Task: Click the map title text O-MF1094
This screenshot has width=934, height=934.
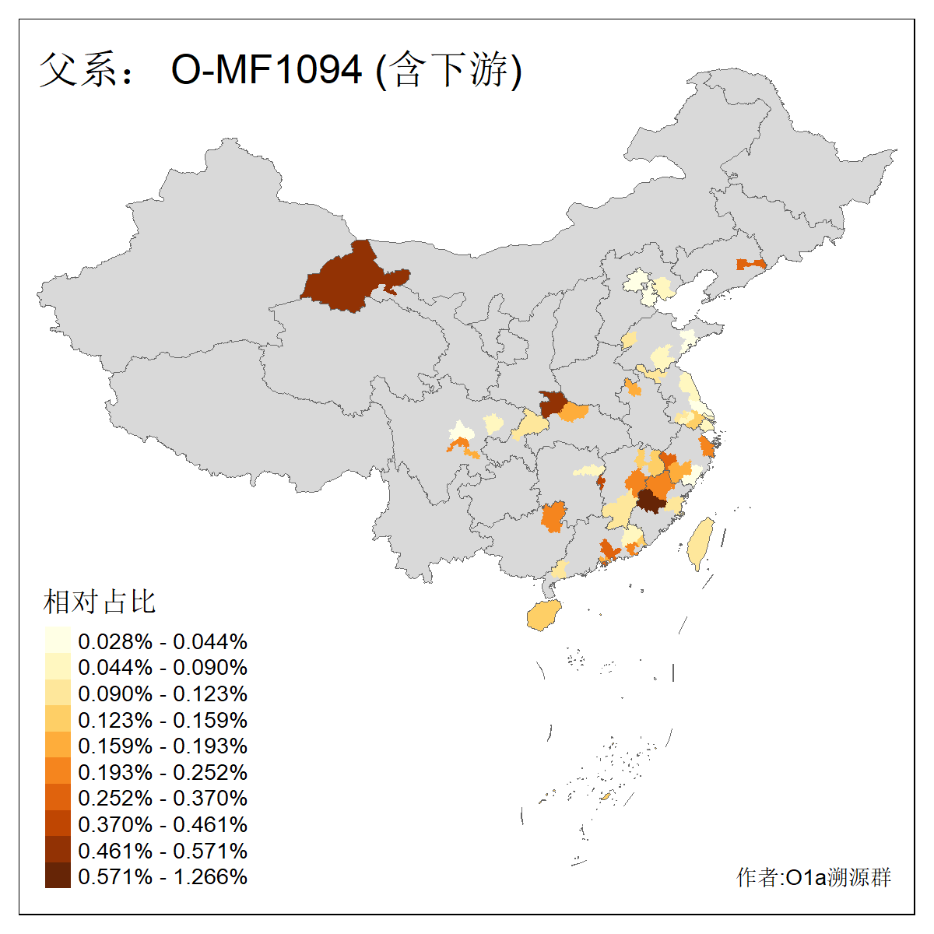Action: click(x=266, y=70)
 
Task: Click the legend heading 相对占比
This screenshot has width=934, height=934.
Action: click(x=100, y=602)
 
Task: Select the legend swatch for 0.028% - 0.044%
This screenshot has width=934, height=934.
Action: click(x=58, y=641)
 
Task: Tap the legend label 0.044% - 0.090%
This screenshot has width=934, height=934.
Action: click(x=163, y=668)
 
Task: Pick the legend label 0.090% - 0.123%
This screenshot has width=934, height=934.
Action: click(x=163, y=693)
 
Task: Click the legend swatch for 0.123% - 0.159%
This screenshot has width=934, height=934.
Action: click(x=58, y=719)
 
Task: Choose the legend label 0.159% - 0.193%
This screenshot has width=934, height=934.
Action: click(x=163, y=746)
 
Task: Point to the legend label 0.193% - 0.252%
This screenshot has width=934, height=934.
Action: click(x=163, y=772)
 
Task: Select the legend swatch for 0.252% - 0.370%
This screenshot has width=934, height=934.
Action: click(x=58, y=798)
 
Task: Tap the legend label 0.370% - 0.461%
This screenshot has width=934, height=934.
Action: click(x=163, y=824)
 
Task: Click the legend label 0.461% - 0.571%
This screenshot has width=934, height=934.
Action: click(x=163, y=851)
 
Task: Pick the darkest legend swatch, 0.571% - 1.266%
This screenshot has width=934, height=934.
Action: click(x=58, y=876)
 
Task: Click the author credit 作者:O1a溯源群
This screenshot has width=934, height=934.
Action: click(x=813, y=877)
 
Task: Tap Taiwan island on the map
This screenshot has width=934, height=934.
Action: click(x=700, y=543)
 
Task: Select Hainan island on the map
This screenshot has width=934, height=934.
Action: click(x=544, y=616)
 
